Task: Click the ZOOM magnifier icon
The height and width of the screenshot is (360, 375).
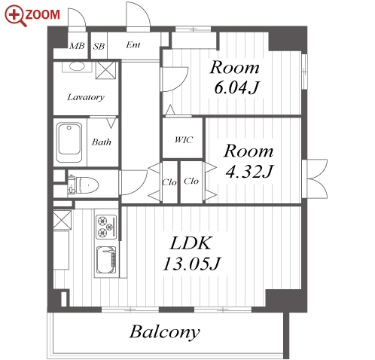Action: click(x=16, y=16)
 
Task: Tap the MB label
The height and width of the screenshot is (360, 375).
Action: click(x=77, y=46)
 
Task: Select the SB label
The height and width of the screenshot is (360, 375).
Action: click(x=99, y=47)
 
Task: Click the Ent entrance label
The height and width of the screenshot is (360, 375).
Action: click(x=133, y=45)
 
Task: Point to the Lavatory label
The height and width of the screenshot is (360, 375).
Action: click(x=86, y=97)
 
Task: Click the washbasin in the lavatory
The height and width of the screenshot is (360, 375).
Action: click(x=78, y=66)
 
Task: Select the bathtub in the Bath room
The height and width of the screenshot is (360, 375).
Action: click(x=69, y=142)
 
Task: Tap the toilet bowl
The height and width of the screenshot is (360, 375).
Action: click(x=87, y=185)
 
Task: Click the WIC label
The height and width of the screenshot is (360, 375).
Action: click(x=184, y=139)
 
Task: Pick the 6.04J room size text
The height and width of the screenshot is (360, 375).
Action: click(x=236, y=87)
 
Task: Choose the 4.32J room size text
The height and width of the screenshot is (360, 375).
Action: click(x=249, y=171)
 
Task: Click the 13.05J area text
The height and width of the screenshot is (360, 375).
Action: click(x=191, y=264)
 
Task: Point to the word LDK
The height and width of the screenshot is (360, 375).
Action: click(x=191, y=243)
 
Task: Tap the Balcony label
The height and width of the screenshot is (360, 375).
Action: click(x=165, y=332)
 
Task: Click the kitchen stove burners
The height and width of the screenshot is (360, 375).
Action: click(x=106, y=227)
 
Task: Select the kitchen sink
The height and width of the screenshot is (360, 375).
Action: click(x=106, y=260)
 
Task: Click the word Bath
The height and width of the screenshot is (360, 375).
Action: click(x=102, y=142)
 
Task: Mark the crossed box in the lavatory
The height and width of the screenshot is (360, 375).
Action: click(x=105, y=70)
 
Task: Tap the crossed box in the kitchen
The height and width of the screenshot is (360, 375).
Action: click(x=62, y=220)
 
